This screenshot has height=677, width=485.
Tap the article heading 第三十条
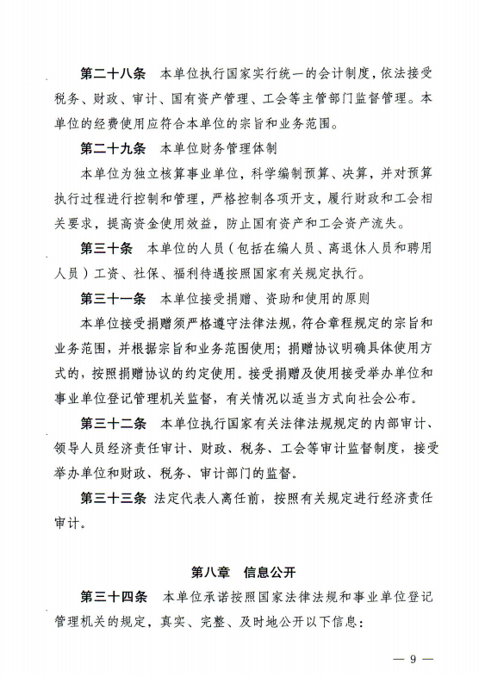pos(107,250)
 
